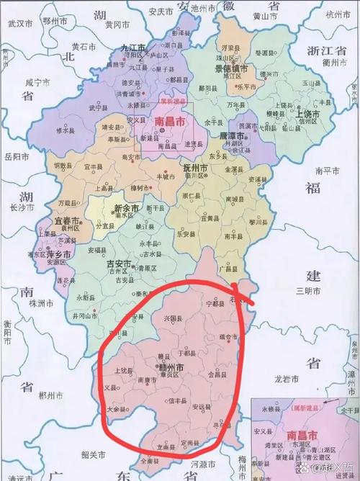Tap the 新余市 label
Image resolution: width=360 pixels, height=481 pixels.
pos(127,208)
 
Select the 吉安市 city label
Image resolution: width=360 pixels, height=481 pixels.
pos(119,264)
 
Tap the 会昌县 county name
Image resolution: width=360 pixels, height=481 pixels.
pos(217,375)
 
